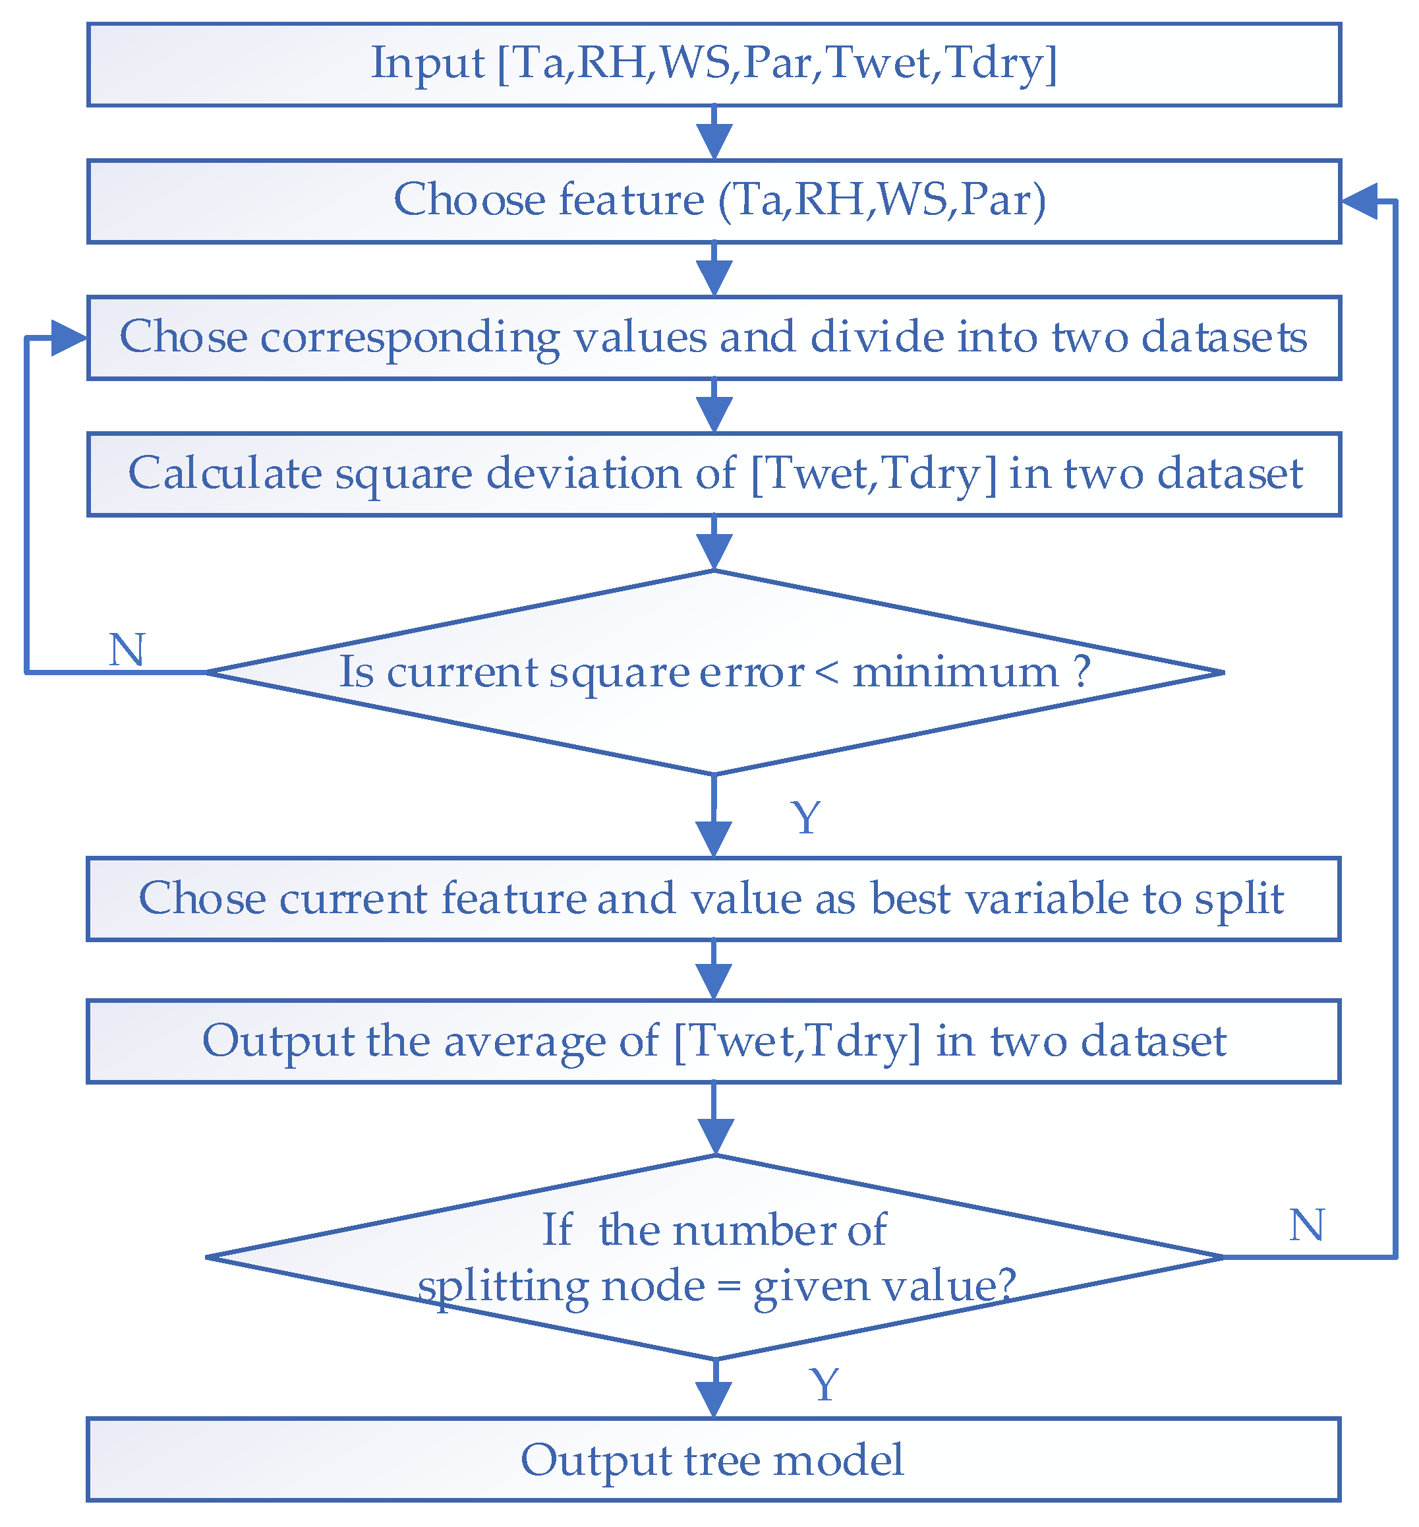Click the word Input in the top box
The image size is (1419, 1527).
pyautogui.click(x=427, y=63)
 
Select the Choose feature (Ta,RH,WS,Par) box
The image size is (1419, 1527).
pyautogui.click(x=714, y=201)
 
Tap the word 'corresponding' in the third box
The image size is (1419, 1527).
pyautogui.click(x=410, y=338)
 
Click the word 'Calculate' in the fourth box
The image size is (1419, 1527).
pyautogui.click(x=224, y=473)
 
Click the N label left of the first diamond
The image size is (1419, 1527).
pyautogui.click(x=127, y=651)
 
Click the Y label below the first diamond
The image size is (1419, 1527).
pyautogui.click(x=805, y=818)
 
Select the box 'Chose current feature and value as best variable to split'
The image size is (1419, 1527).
pyautogui.click(x=714, y=899)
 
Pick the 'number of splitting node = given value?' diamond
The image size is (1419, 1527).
pyautogui.click(x=714, y=1258)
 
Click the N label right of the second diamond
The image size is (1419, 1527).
pyautogui.click(x=1306, y=1224)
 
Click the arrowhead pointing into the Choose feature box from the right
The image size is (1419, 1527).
pyautogui.click(x=1359, y=201)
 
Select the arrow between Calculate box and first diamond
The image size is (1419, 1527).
pyautogui.click(x=714, y=544)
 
